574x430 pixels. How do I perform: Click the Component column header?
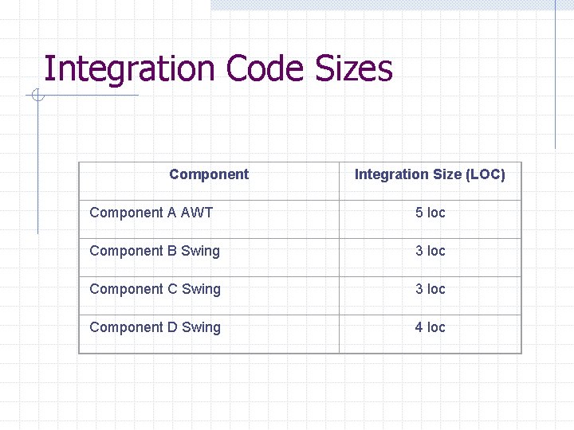click(209, 174)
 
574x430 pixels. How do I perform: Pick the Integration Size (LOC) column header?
click(430, 174)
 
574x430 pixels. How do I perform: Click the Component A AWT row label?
click(151, 213)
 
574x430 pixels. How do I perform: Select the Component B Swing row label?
click(155, 251)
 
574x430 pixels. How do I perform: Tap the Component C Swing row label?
click(155, 289)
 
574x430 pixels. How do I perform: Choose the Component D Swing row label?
click(155, 327)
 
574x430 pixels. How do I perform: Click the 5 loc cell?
click(430, 213)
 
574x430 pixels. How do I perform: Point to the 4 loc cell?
click(430, 327)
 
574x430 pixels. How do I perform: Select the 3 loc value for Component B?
click(430, 251)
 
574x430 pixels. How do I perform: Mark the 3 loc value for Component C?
click(430, 289)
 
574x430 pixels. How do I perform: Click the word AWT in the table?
click(197, 213)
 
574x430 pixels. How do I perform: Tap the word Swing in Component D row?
click(201, 327)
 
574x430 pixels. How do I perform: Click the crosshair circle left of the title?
click(36, 96)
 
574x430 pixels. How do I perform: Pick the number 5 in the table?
click(419, 213)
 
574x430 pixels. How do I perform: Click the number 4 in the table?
click(419, 327)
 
